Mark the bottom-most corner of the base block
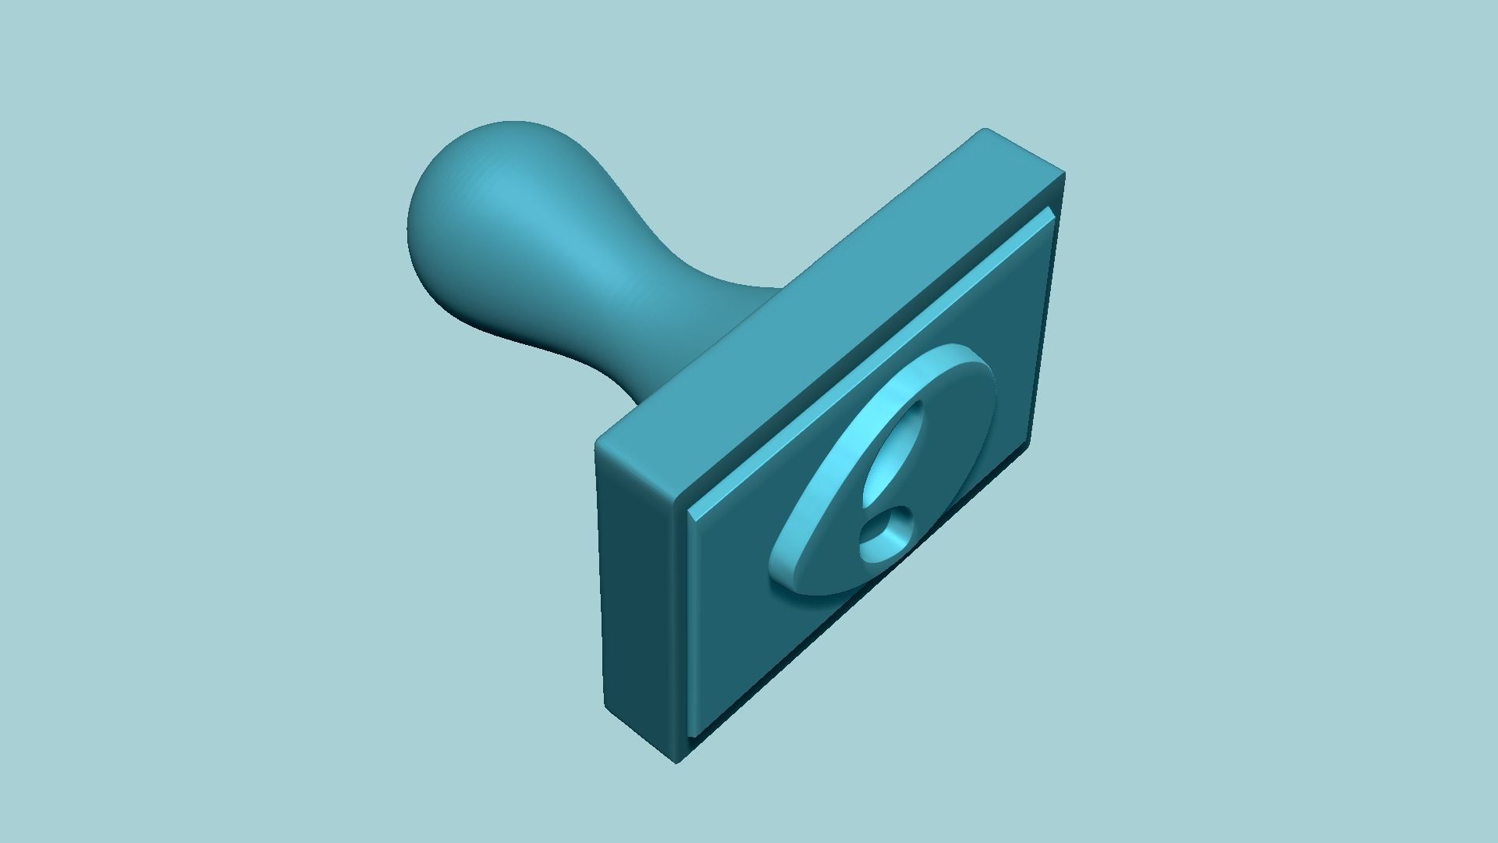click(x=676, y=761)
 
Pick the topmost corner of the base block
click(x=985, y=130)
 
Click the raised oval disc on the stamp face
click(x=936, y=468)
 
